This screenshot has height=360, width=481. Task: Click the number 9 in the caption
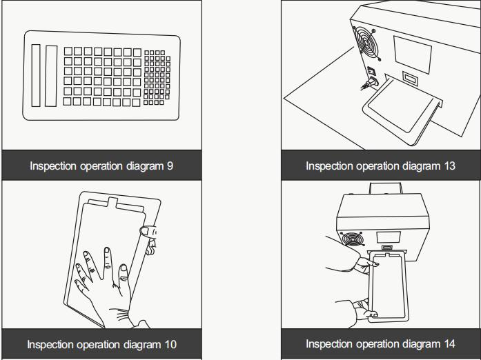pos(170,166)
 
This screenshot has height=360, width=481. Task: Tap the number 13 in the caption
pos(449,166)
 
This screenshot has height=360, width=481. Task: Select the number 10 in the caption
pos(170,344)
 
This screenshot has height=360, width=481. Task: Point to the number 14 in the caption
pos(449,343)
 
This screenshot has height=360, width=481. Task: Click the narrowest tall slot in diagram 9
pos(36,75)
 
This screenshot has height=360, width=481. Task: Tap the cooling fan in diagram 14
pos(351,239)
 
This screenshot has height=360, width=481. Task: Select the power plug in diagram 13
pos(371,83)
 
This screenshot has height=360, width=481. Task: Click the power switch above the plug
pos(372,71)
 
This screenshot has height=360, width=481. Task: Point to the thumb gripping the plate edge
pos(148,232)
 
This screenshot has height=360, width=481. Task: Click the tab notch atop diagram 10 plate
pos(112,201)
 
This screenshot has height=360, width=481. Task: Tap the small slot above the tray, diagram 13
pos(410,78)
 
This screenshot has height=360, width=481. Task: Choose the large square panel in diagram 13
pos(412,54)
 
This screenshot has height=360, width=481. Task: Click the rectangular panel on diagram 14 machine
pos(389,237)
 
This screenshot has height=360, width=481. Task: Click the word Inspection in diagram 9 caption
pos(53,166)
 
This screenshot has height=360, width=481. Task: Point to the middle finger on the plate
pos(107,263)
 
